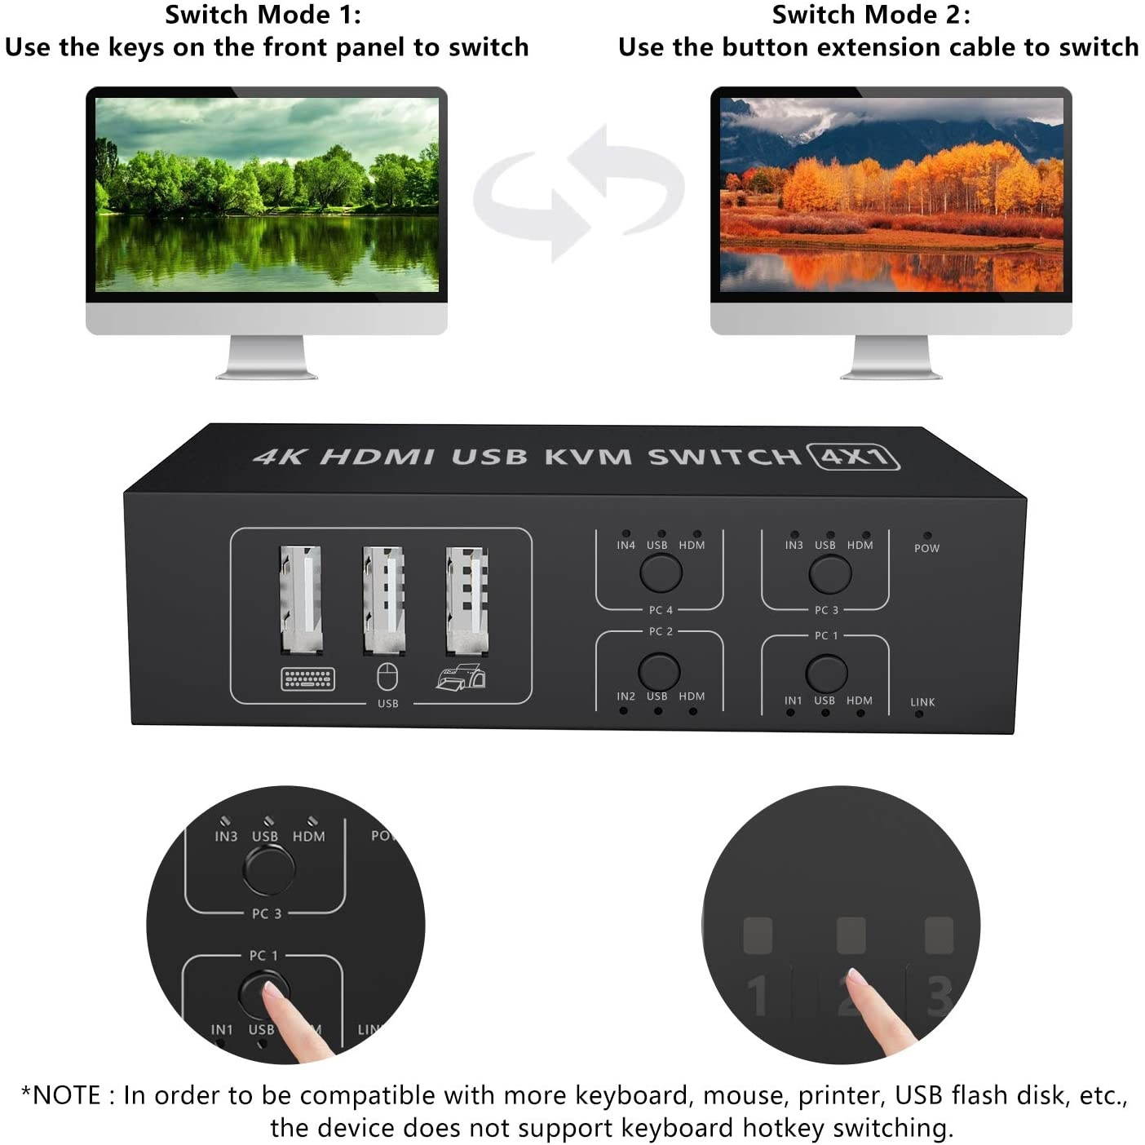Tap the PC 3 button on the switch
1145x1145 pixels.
tap(829, 574)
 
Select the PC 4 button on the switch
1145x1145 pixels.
tap(661, 572)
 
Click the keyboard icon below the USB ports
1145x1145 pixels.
tap(307, 679)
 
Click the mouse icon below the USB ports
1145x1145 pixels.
tap(387, 677)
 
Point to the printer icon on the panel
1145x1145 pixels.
tap(461, 678)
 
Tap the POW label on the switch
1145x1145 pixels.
tap(926, 548)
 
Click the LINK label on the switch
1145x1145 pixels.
tap(922, 702)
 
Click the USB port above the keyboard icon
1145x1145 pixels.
tap(301, 600)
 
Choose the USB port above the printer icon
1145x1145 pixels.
tap(467, 600)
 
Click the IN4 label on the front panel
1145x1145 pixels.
tap(626, 545)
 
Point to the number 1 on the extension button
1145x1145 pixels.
tap(758, 995)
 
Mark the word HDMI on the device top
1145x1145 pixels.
tap(377, 456)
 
